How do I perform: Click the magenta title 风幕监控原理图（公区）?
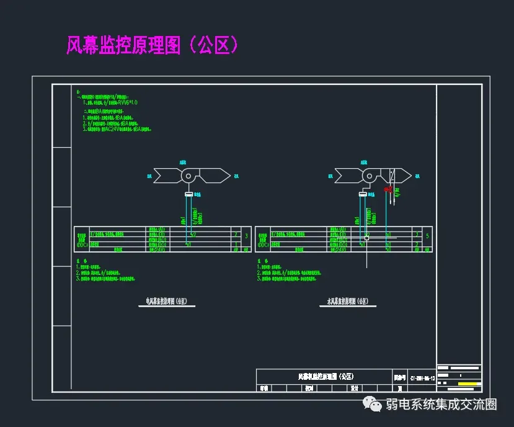pos(152,45)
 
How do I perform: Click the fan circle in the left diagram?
pos(187,176)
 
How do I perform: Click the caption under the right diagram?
pos(348,302)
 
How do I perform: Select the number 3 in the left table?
pos(247,236)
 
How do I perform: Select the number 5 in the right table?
pos(427,236)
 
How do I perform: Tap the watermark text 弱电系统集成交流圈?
pos(441,405)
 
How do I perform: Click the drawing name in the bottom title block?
pos(326,377)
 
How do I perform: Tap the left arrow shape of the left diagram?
pos(166,176)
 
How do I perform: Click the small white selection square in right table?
pos(366,238)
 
